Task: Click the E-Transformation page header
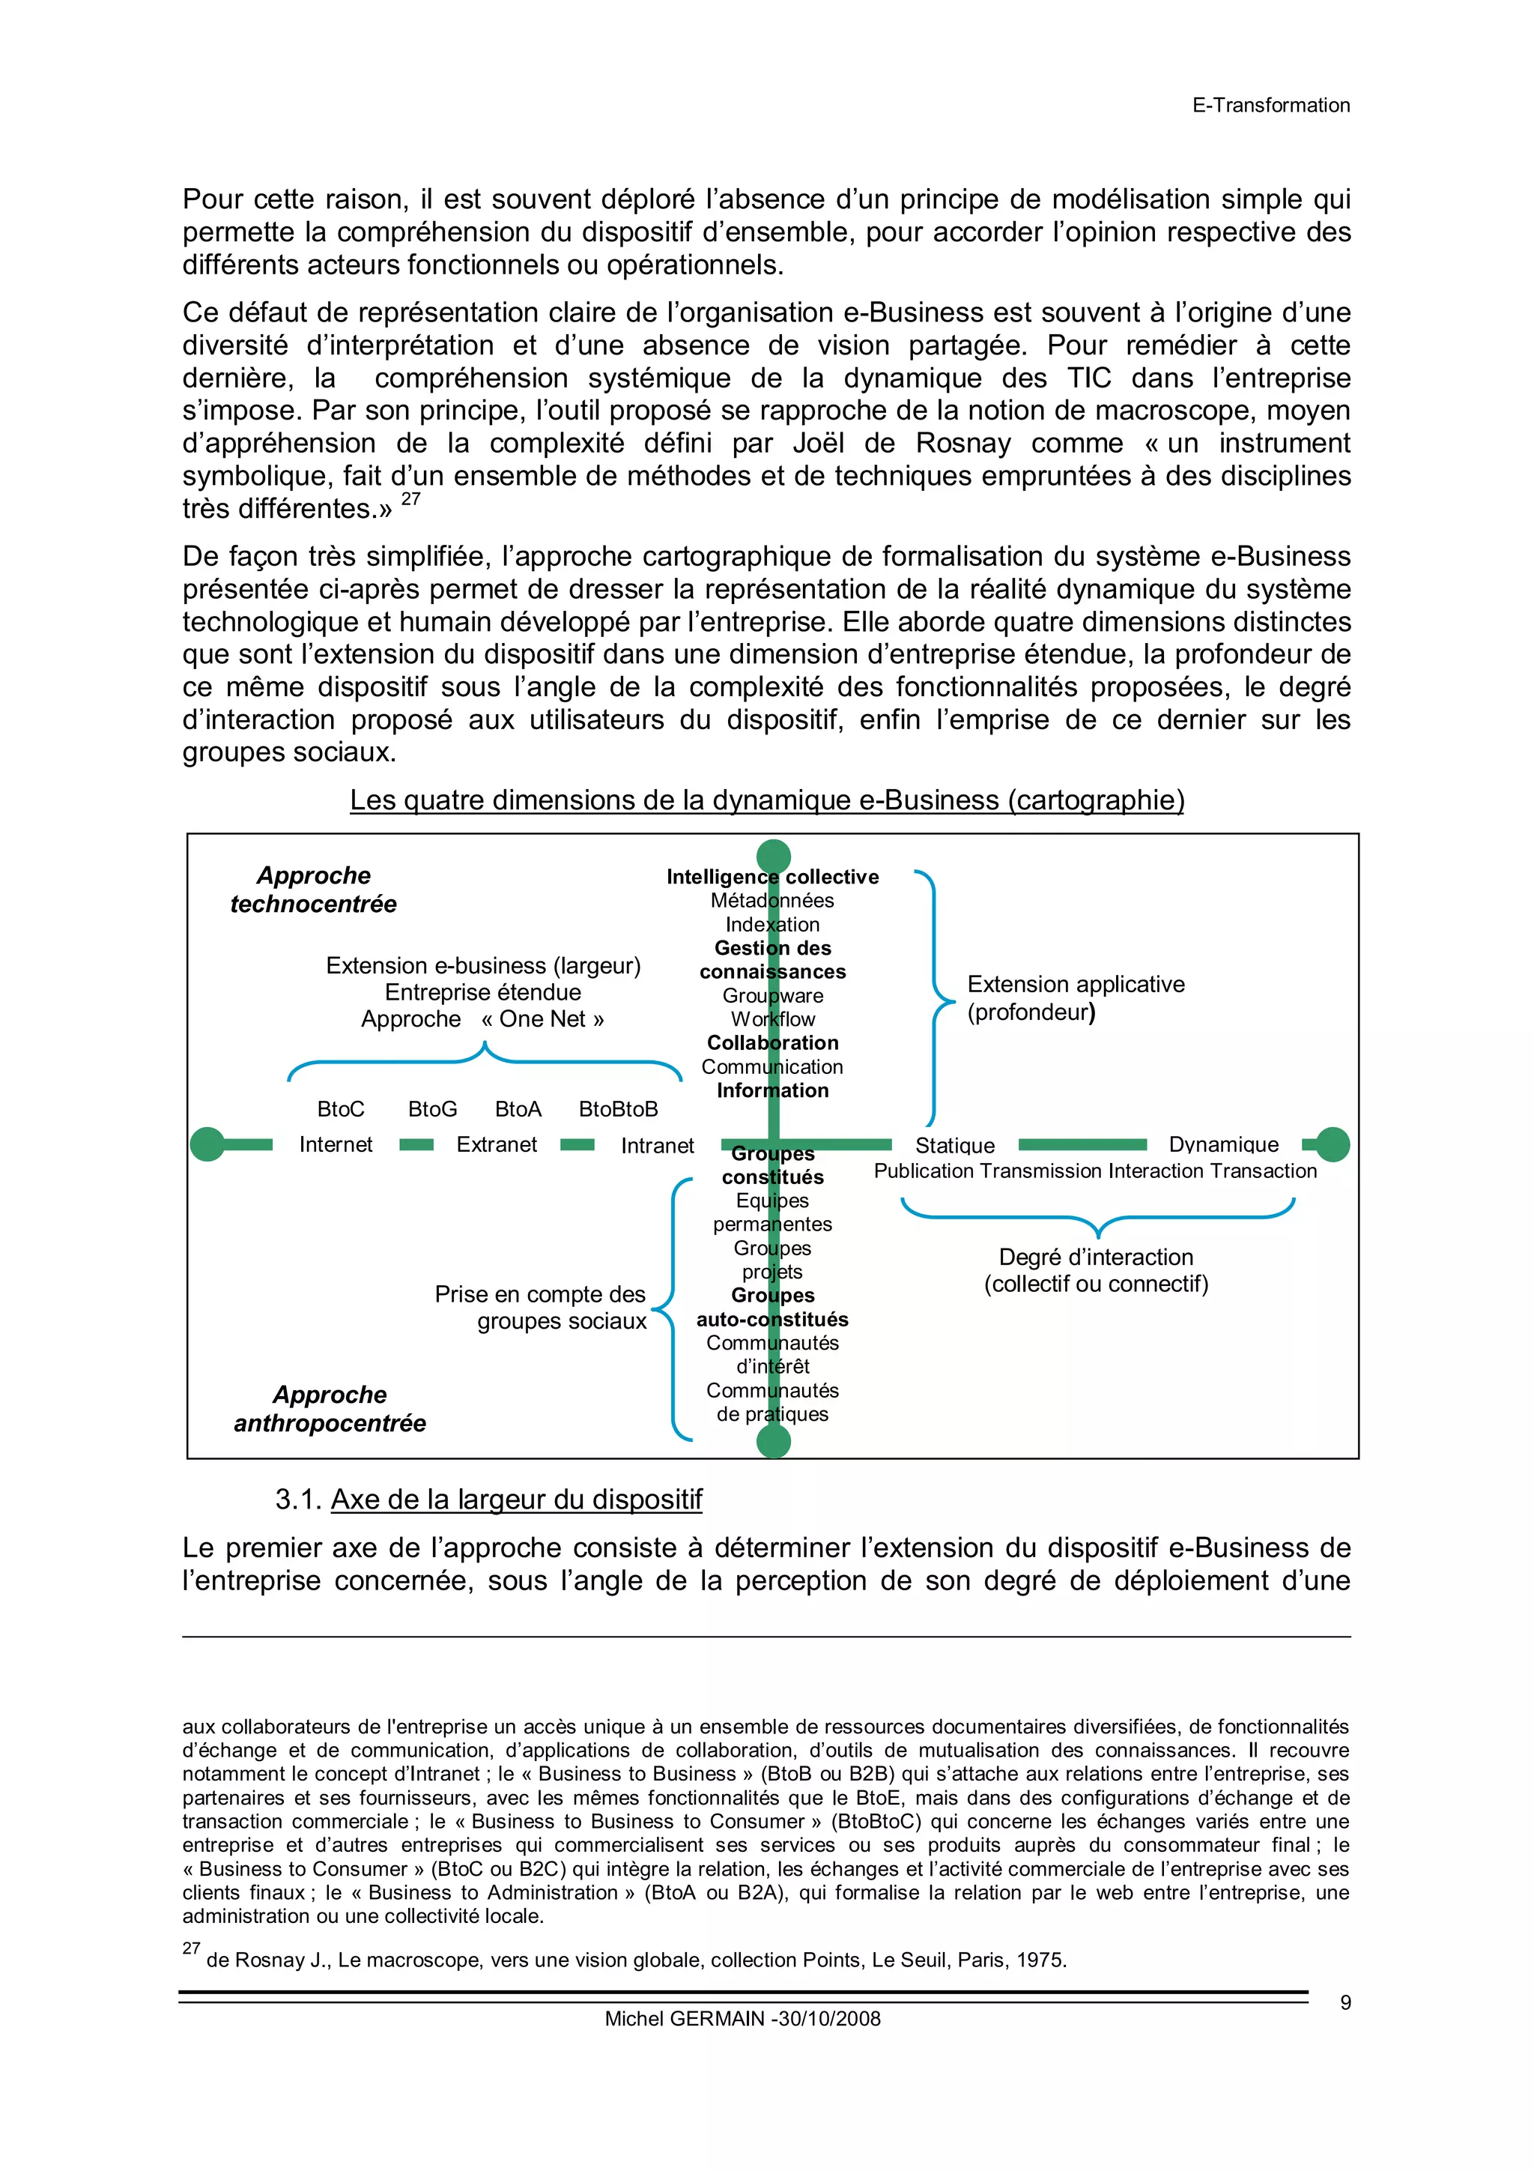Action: click(1270, 105)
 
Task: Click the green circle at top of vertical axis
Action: click(773, 856)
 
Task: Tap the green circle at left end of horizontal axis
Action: click(207, 1144)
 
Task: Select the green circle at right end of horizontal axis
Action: click(1333, 1144)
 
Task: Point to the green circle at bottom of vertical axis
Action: click(773, 1441)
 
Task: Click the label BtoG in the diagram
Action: click(432, 1109)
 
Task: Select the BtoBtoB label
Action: click(618, 1109)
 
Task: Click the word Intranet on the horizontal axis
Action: click(657, 1146)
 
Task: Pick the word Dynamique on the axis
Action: click(1223, 1144)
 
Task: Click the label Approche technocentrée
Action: click(314, 890)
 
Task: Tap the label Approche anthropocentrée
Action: click(330, 1409)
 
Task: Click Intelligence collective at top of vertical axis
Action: click(772, 877)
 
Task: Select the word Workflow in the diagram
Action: click(772, 1019)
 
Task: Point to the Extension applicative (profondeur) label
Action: click(1075, 997)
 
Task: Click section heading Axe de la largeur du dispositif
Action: click(516, 1500)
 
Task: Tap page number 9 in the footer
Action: click(1345, 2002)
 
